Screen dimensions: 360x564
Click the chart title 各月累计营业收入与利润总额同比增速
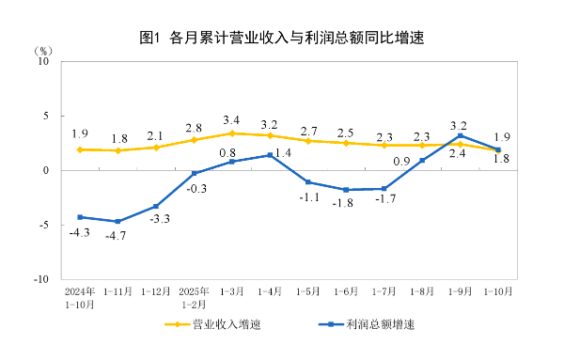click(282, 39)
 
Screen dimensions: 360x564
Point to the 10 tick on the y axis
click(42, 61)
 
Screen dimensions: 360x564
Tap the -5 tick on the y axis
click(43, 226)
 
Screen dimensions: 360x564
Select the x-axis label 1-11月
click(117, 291)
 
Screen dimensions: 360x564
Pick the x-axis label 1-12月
click(156, 291)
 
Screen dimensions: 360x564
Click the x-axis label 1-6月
click(346, 291)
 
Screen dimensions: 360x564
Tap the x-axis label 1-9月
click(460, 291)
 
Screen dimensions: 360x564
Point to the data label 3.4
click(231, 119)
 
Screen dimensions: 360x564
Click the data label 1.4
click(283, 152)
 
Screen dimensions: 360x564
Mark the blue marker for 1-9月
click(460, 135)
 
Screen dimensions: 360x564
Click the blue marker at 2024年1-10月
click(80, 217)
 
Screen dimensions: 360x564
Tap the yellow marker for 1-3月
click(232, 133)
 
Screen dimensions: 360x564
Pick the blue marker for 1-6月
click(346, 190)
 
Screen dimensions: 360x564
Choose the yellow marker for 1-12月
click(156, 148)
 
